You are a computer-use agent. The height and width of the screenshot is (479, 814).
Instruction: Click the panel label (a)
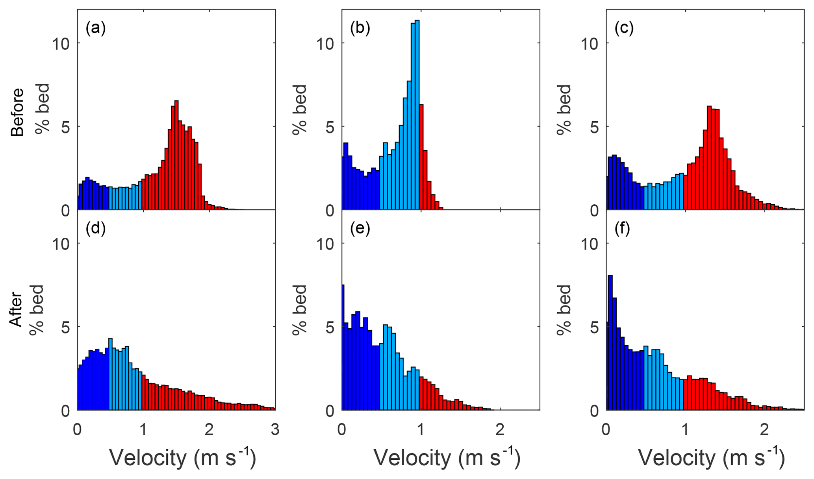click(96, 28)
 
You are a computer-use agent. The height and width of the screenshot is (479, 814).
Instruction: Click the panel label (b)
click(360, 28)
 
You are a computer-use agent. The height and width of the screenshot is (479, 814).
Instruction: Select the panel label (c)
click(624, 28)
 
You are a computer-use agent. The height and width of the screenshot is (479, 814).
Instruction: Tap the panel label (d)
click(96, 229)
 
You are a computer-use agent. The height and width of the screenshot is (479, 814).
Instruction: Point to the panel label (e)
click(360, 229)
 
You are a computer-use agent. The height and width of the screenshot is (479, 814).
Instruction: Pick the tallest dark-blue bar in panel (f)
click(610, 342)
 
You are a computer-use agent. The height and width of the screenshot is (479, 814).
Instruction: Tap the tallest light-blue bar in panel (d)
click(111, 374)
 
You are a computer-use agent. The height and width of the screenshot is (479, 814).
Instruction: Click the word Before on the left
click(17, 112)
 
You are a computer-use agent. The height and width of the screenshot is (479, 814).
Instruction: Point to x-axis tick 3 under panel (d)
click(275, 429)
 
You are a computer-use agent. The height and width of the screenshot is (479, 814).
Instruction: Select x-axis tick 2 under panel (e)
click(500, 429)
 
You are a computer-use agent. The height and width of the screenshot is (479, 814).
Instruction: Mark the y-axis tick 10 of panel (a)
click(61, 43)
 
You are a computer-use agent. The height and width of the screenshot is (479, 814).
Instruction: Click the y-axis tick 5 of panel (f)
click(594, 327)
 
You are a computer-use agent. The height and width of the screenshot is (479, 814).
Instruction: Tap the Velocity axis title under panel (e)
click(447, 458)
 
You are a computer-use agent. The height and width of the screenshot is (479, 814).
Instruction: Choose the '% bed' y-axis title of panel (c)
click(564, 109)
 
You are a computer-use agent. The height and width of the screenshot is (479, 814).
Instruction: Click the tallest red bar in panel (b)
click(421, 157)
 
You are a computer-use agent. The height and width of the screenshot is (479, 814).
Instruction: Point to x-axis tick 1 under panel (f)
click(686, 429)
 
